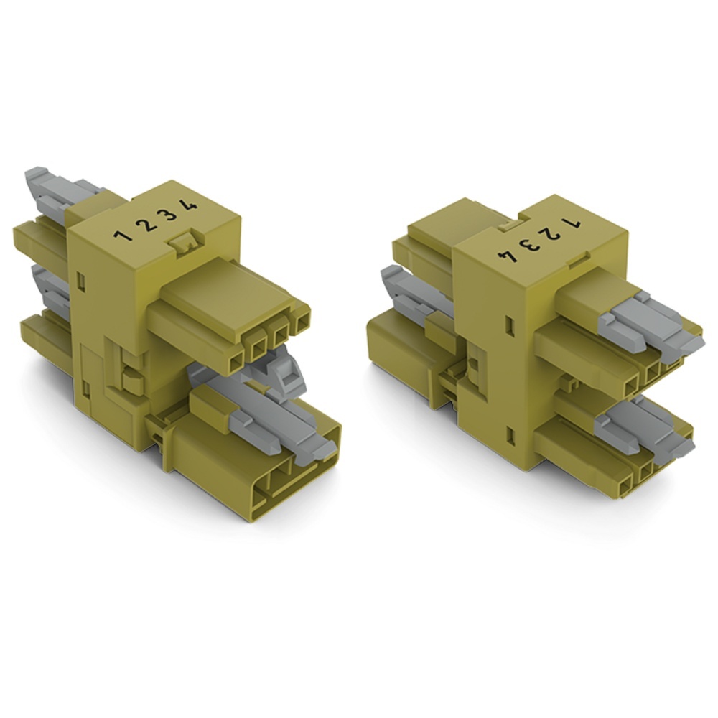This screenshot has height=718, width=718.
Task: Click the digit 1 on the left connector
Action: coord(122,236)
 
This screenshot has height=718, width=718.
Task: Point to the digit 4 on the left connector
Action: coord(190,205)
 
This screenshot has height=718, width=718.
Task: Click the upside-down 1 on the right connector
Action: coord(572,224)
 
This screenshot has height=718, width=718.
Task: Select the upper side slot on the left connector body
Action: coord(82,281)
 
